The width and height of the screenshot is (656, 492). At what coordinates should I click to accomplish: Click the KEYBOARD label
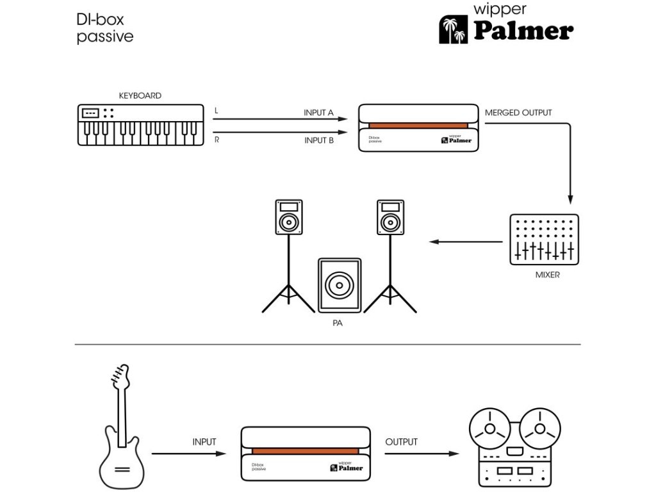tap(140, 95)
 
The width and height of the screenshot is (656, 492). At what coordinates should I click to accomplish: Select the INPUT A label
tap(318, 113)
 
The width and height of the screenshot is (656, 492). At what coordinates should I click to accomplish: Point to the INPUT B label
tap(318, 140)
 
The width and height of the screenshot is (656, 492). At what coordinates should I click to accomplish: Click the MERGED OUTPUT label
tap(518, 113)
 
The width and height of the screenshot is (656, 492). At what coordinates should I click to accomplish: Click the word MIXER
tap(547, 275)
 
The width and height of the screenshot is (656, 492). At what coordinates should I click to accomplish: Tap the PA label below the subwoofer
tap(338, 324)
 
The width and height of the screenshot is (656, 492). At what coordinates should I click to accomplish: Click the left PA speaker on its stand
tap(289, 218)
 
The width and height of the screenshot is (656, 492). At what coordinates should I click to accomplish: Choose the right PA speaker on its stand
tap(389, 218)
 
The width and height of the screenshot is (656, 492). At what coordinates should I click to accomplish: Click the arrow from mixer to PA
tap(466, 242)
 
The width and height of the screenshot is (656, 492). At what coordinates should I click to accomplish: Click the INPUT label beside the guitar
tap(204, 442)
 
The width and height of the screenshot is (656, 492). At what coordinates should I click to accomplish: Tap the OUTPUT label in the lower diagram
tap(402, 442)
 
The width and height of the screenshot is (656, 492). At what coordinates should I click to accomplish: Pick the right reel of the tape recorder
tap(539, 428)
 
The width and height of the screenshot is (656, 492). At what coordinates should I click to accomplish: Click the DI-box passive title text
tap(105, 28)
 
